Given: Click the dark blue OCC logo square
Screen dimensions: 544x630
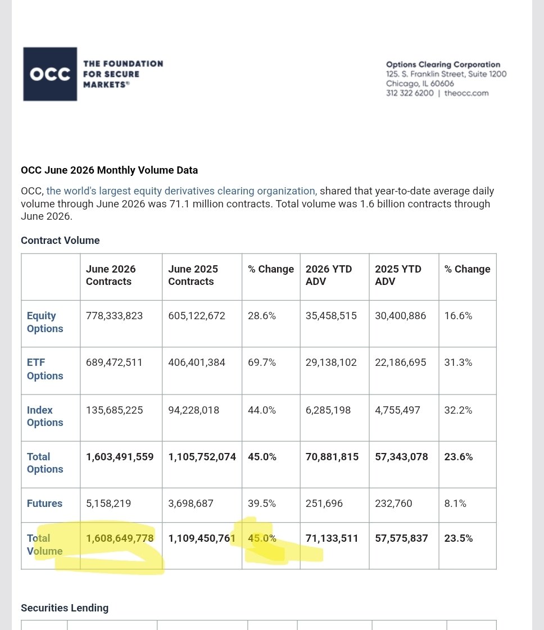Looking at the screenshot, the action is coord(50,74).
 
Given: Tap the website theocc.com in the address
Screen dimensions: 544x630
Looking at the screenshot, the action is coord(466,93).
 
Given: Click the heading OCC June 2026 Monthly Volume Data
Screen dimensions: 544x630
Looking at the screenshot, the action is coord(109,170).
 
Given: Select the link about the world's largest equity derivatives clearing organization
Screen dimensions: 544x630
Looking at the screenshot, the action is coord(182,191).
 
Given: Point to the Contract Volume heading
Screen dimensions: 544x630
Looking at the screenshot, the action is coord(60,241).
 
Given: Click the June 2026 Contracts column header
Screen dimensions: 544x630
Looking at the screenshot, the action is coord(111,275).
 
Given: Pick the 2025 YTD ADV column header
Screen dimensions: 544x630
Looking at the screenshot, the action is coord(398,275).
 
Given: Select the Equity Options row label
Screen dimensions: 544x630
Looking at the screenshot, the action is coord(45,322).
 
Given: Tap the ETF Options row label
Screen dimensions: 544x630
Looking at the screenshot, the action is coord(45,369).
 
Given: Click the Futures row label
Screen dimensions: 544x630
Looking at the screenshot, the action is coord(44,504).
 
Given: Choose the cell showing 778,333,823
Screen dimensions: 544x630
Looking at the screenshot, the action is coord(115,316).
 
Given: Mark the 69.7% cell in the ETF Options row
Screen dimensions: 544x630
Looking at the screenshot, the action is coord(262,362).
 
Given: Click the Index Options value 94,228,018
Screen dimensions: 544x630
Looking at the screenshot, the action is coord(194,410).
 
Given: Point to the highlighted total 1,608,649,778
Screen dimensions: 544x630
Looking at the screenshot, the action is coord(120,538).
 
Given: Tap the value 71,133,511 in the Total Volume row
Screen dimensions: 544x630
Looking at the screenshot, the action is coord(332,538).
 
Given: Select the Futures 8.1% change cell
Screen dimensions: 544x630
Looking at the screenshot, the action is coord(455,504).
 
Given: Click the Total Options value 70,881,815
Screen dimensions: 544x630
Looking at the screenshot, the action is coord(332,457).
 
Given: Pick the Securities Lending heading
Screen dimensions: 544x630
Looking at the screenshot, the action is coord(65,608).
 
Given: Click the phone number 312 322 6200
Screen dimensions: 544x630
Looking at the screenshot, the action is coord(410,93).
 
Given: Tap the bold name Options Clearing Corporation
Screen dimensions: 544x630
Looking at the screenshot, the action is coord(443,64).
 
